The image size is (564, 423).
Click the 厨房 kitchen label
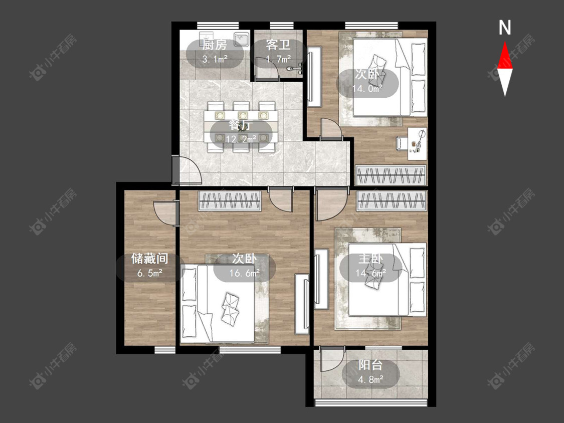(215, 45)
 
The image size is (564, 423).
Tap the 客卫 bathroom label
(278, 45)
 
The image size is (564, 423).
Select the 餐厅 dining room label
(241, 125)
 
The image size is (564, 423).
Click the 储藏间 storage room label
(149, 258)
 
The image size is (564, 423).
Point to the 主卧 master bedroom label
(370, 258)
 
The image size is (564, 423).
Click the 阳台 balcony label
(370, 365)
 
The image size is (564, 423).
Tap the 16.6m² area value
(245, 273)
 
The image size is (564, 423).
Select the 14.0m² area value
(367, 89)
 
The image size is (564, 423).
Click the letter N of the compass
(505, 28)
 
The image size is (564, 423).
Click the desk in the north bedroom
(417, 143)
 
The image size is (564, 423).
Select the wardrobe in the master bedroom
(392, 200)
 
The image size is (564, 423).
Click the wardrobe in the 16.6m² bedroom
(230, 200)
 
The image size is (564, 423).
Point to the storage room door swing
(165, 213)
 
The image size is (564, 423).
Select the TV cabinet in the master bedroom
(321, 279)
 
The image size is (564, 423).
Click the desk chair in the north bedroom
(402, 143)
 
